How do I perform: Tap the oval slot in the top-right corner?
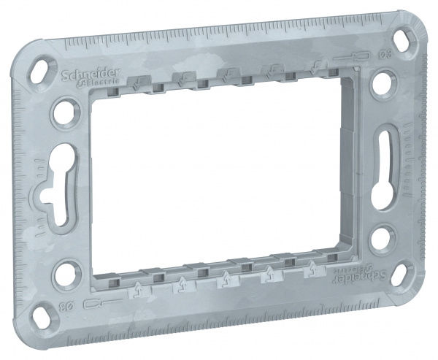coord(404,38)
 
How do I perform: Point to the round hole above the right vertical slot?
coord(381,84)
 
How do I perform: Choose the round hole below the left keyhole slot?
coord(65,269)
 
